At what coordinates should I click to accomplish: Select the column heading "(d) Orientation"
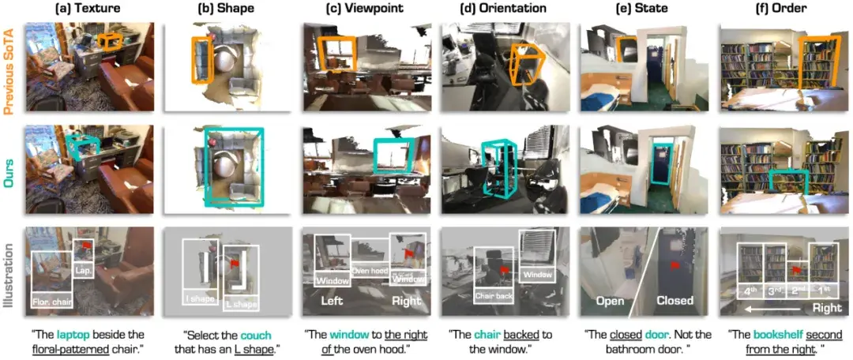tap(502, 9)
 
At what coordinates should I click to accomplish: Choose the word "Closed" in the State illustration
tap(675, 301)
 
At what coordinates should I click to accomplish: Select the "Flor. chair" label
tap(53, 301)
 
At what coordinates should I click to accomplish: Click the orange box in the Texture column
tap(111, 41)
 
